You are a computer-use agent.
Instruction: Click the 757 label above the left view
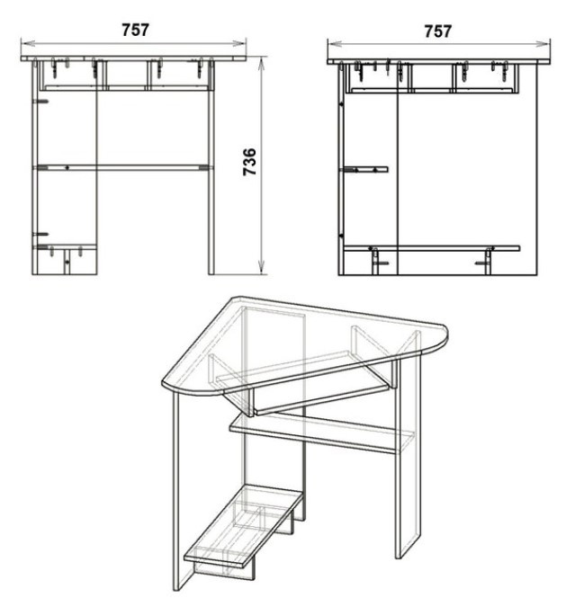tap(135, 30)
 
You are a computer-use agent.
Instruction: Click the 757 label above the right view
tap(438, 31)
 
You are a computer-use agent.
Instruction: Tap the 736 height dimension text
tap(250, 162)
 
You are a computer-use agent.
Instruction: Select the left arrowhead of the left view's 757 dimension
tap(26, 43)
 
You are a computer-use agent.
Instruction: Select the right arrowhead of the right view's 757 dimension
tap(544, 44)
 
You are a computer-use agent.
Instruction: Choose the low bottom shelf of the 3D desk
tap(244, 522)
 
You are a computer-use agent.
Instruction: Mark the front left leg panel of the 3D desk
tap(182, 491)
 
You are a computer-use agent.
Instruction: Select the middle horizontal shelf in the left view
tap(122, 168)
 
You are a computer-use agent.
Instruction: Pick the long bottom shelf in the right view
tap(432, 248)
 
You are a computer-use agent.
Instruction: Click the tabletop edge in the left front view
tap(134, 58)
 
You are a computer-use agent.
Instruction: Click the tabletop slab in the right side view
tap(438, 62)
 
